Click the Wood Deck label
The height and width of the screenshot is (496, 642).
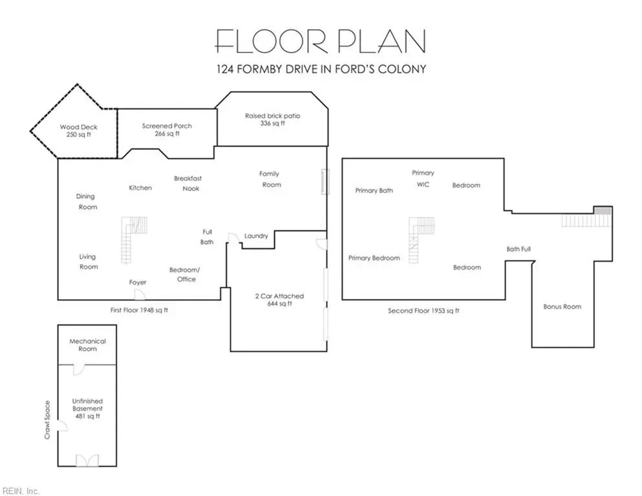point(79,130)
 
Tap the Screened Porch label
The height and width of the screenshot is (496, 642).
point(167,130)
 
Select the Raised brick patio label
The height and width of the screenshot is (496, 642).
point(273,119)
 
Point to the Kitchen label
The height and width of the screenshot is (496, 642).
point(140,188)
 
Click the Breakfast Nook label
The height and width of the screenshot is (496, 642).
point(188,183)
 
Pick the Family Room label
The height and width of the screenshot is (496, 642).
point(270,179)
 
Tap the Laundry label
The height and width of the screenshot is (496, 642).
point(256,236)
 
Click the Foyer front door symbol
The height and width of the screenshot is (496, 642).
point(140,294)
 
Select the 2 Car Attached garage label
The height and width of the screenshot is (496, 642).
point(280,300)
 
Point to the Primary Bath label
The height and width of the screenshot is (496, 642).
point(374,191)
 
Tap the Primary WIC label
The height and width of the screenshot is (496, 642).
point(423,179)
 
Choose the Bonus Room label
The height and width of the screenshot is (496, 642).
point(562,307)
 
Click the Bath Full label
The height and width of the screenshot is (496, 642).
point(519,249)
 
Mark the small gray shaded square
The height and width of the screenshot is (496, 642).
point(603,211)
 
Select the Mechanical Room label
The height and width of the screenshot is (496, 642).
point(88,345)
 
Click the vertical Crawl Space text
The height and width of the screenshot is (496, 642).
point(47,420)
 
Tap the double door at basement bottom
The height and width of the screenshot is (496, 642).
point(87,460)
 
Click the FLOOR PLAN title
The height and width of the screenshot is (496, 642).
point(321,41)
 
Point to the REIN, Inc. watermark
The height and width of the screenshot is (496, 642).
point(21,491)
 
